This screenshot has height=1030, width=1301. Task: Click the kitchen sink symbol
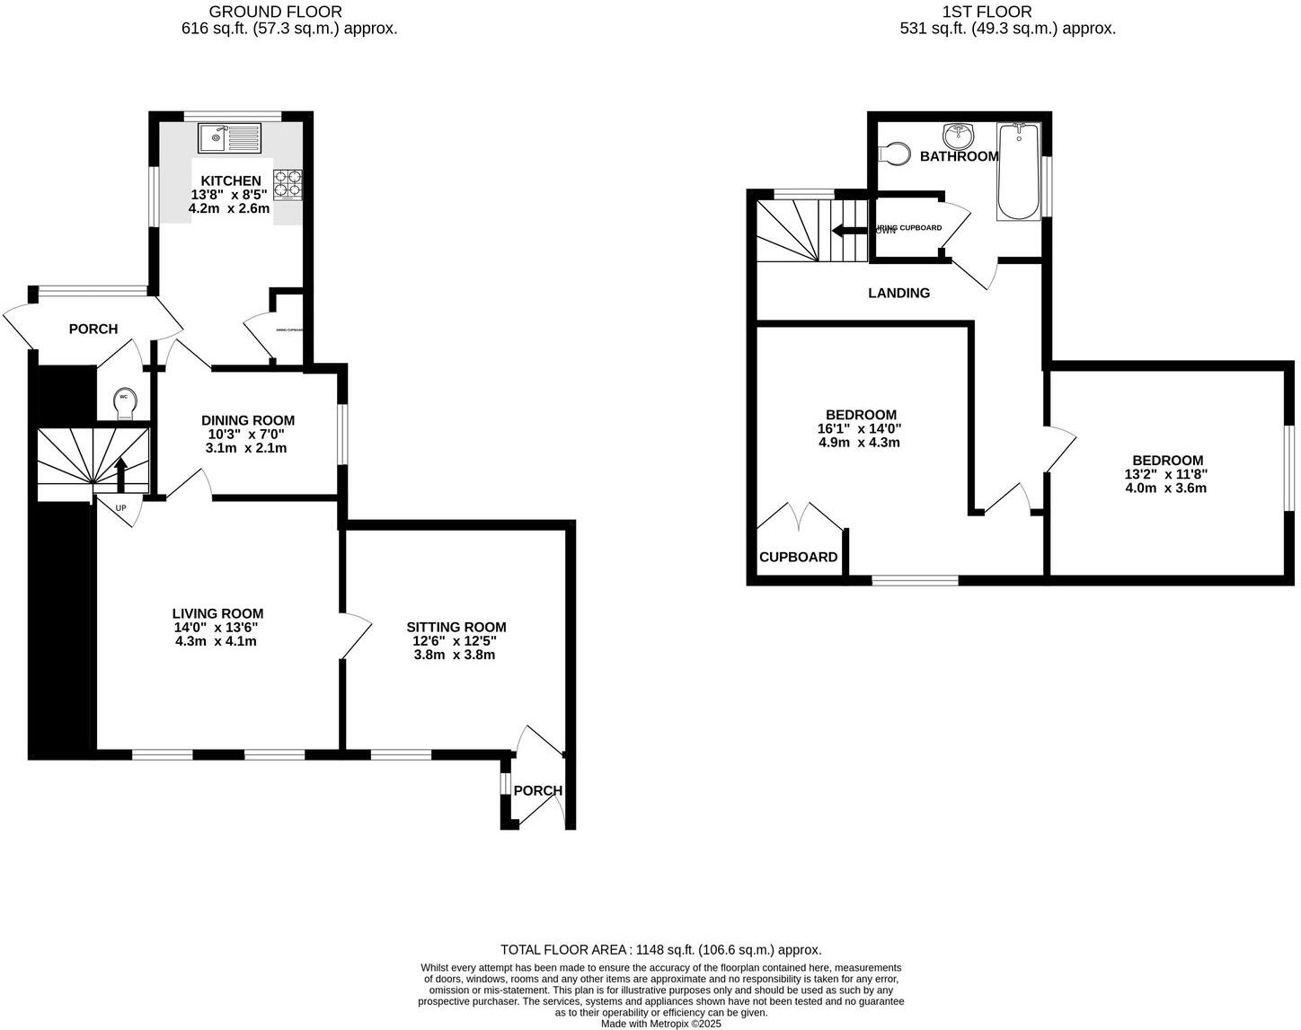point(229,138)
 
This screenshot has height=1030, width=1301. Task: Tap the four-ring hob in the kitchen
point(288,184)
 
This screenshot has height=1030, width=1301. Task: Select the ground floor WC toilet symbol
point(124,403)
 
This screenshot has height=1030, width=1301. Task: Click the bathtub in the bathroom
point(1018,172)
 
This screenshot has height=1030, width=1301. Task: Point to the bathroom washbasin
point(959,136)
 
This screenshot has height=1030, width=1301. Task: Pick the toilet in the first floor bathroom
point(893,154)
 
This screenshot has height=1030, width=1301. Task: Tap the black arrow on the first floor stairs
point(847,230)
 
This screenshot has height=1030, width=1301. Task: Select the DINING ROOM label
point(248,420)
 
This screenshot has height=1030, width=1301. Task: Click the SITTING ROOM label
point(456,627)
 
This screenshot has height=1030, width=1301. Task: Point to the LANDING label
point(898,293)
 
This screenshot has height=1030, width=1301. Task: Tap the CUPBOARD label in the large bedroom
point(798,557)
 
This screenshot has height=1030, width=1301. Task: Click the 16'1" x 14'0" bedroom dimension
point(860,428)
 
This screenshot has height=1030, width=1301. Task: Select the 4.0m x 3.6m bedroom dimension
point(1165,489)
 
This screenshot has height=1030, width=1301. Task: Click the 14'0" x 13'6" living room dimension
point(217,628)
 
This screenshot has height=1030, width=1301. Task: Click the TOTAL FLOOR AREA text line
point(660,949)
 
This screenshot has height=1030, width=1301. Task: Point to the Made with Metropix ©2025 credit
point(660,1023)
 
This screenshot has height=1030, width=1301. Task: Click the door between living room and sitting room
point(356,637)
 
